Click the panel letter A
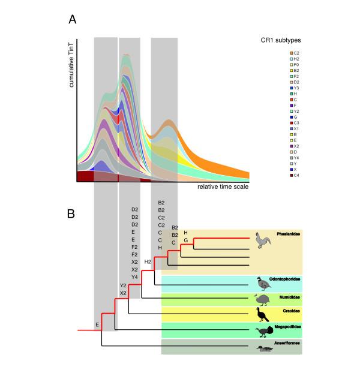coord(72,21)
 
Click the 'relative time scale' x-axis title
coord(223,187)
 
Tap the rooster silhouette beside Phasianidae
coord(263,240)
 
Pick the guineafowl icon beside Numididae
coord(262,298)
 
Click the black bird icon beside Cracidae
coord(262,314)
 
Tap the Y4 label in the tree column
coord(135,276)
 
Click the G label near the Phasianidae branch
coord(185,240)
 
